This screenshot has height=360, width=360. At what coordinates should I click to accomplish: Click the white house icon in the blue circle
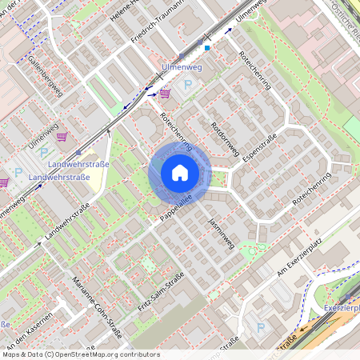[179, 171]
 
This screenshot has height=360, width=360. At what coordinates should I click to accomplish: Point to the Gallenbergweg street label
[45, 76]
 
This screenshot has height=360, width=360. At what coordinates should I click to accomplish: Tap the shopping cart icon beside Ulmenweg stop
[165, 94]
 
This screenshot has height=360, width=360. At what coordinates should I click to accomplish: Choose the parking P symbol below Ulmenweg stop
[189, 85]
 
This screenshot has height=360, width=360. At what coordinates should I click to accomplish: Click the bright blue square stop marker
[207, 48]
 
